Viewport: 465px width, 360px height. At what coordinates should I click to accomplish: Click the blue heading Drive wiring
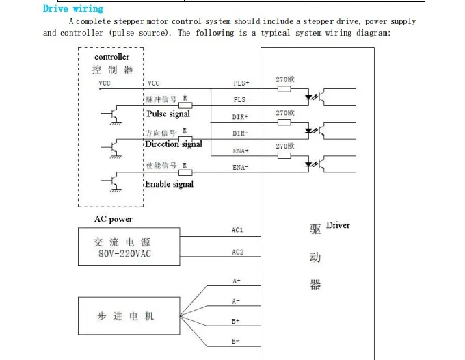click(73, 9)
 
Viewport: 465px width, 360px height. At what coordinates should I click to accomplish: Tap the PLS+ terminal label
click(241, 83)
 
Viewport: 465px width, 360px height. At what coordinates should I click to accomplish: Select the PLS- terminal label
click(241, 100)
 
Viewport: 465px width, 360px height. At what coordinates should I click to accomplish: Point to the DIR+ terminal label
click(241, 117)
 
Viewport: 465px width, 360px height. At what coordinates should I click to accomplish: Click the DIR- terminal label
click(241, 133)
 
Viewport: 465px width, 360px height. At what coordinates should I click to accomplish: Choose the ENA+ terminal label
click(241, 151)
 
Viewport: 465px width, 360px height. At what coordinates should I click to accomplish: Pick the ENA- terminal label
click(241, 168)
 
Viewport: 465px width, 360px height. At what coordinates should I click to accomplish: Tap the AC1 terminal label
click(237, 231)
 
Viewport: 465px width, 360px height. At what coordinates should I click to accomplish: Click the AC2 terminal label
click(237, 253)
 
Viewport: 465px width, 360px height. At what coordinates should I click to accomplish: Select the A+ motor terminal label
click(237, 281)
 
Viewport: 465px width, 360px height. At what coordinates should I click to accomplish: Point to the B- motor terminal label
click(236, 341)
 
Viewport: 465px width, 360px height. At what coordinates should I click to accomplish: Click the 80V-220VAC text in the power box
click(124, 255)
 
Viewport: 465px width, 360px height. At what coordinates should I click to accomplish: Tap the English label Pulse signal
click(168, 114)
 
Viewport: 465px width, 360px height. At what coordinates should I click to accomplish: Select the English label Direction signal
click(174, 144)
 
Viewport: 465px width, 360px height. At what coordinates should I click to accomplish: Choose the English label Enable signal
click(169, 184)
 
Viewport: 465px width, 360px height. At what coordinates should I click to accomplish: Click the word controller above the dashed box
click(111, 57)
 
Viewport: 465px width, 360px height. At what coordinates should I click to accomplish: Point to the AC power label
click(114, 220)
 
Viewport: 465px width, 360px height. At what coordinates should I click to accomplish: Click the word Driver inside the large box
click(338, 225)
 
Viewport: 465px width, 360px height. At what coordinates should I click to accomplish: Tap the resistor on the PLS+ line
click(284, 89)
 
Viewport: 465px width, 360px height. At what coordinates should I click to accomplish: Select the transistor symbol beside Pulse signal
click(114, 114)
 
